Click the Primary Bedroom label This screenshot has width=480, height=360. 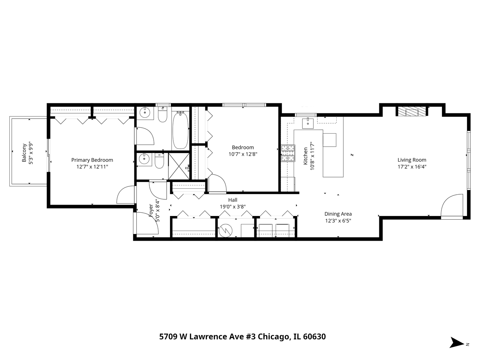coord(92,160)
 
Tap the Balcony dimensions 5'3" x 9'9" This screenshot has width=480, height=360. coord(31,153)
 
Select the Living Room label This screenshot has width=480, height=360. coord(412,160)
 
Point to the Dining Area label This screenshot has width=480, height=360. coord(338,214)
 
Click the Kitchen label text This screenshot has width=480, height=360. coord(305,156)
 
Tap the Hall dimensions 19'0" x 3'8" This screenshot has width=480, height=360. coord(233,206)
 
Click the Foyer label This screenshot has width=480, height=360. coord(151,211)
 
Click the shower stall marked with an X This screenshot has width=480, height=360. coord(179,166)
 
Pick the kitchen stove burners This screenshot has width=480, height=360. coord(288,153)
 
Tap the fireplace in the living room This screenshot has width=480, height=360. coord(411,111)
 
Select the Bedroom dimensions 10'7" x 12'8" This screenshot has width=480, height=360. coord(243,154)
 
